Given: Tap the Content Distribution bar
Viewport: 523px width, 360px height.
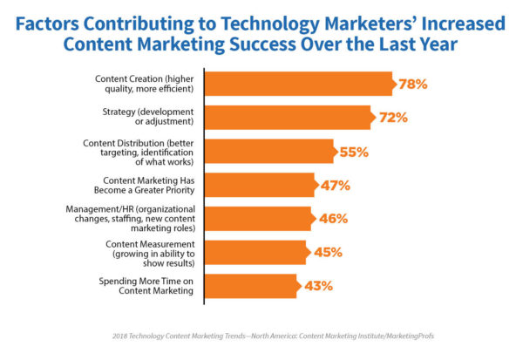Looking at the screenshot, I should point(268,151).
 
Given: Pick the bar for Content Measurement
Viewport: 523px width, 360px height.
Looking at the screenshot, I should point(254,253).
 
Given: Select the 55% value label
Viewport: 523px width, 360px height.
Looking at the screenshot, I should point(354,151).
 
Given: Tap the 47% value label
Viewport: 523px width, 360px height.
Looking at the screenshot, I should point(336,185).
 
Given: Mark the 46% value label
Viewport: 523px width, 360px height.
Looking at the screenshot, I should point(332,219).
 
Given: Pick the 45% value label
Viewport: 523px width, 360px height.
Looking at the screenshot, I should point(327,253).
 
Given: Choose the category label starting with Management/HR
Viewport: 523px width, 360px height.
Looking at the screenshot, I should point(132,219).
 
